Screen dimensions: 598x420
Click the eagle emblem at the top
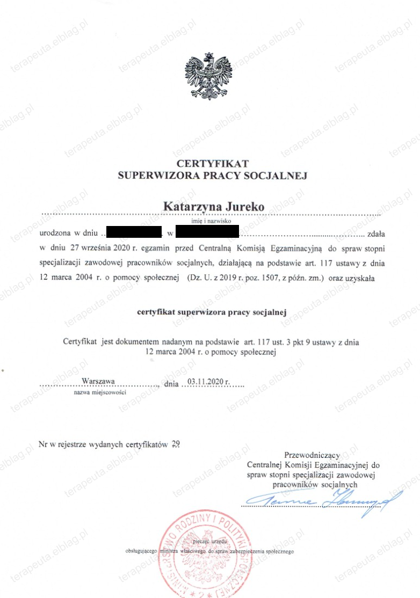click(x=210, y=76)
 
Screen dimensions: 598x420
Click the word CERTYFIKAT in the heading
click(x=213, y=163)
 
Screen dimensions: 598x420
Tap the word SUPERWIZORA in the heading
click(x=156, y=175)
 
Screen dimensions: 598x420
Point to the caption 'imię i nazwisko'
click(x=210, y=220)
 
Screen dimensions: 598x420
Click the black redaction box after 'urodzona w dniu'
click(x=134, y=233)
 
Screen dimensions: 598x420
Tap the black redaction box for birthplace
click(x=207, y=233)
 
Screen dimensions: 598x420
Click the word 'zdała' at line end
click(x=375, y=234)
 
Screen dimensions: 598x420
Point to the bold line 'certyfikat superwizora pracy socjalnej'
click(x=213, y=312)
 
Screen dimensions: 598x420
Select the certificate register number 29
click(x=176, y=444)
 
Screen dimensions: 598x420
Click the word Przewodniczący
click(x=312, y=454)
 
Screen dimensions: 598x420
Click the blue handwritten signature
click(x=322, y=502)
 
